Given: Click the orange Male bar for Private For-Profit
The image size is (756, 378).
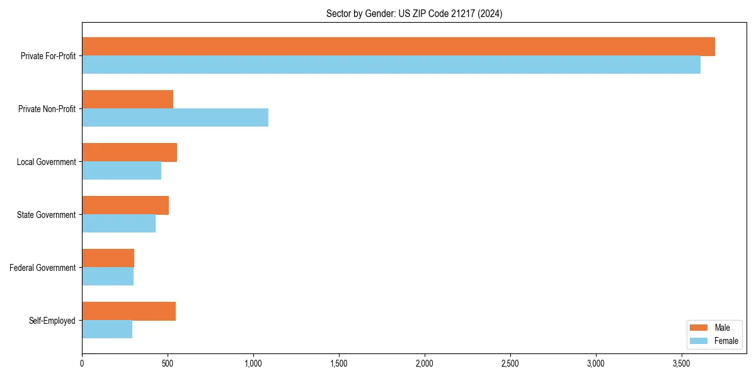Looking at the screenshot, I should point(398,47).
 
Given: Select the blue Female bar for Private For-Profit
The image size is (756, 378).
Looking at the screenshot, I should point(391,65).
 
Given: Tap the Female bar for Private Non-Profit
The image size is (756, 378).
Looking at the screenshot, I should point(175,118).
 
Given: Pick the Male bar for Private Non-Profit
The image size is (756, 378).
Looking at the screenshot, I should point(127,100).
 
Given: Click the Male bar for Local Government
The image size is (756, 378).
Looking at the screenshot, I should point(129,152).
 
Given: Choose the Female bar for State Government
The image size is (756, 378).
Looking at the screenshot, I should point(118,224).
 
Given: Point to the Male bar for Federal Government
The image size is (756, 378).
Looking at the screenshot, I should point(108,258).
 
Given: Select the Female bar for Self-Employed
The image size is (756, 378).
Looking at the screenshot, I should point(107,329).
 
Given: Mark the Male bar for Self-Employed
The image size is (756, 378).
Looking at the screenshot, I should point(129,311).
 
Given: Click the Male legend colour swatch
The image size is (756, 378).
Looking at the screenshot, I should point(699,328).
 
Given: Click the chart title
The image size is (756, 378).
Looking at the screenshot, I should point(414,13).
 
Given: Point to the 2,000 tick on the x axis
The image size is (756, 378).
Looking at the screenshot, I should point(425,364).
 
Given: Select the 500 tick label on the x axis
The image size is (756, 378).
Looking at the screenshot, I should point(168,364).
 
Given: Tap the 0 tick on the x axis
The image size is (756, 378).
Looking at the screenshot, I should point(82,364).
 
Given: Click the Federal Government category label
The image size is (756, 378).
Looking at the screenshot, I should point(43,268).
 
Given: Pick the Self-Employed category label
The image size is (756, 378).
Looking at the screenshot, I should point(52,321).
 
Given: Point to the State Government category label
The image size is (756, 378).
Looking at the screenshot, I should point(47,215).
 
